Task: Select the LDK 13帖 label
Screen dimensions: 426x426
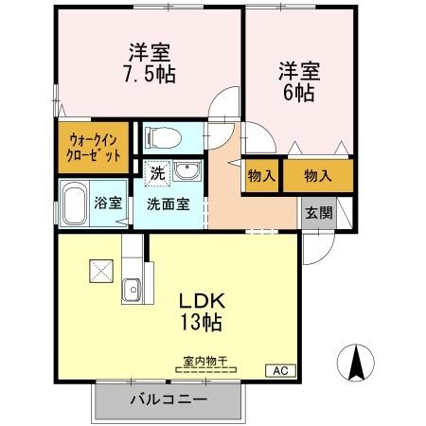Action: (201, 311)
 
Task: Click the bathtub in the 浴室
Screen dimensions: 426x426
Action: (76, 203)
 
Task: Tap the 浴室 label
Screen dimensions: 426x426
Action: (108, 203)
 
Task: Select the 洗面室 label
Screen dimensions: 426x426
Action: (167, 203)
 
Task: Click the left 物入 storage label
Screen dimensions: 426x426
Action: (261, 175)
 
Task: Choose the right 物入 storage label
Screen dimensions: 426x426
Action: (317, 175)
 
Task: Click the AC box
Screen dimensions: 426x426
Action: (280, 370)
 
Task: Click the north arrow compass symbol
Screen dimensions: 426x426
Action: (357, 364)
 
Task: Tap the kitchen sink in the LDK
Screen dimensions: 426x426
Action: (132, 289)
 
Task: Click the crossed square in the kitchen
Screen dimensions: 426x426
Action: (99, 270)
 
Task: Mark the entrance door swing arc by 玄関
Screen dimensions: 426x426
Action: (318, 248)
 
